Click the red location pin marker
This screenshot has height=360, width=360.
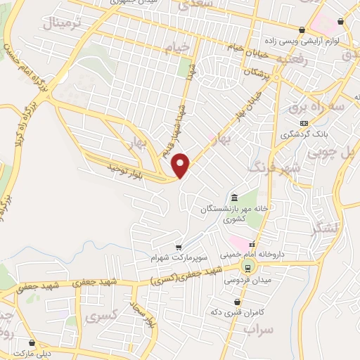pos(181,165)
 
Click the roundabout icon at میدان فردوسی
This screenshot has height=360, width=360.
pos(247,266)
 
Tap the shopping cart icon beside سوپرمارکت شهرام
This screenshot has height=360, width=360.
pos(179,247)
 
